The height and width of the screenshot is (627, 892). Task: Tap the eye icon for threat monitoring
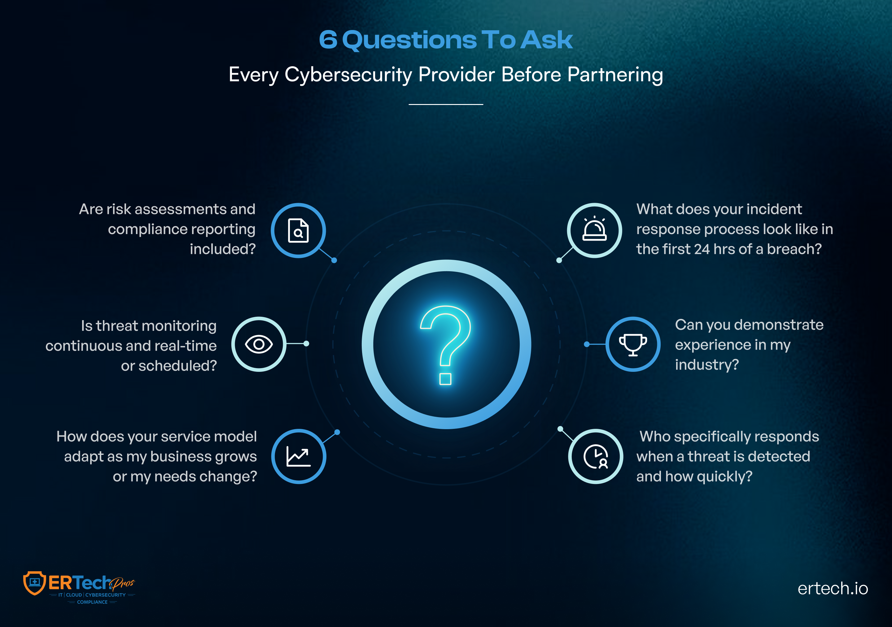tap(259, 344)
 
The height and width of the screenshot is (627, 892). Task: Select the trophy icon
tap(633, 345)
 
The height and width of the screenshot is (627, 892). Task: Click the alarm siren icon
tap(594, 229)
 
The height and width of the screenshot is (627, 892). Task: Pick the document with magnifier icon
tap(298, 230)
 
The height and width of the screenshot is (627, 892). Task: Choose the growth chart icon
tap(298, 456)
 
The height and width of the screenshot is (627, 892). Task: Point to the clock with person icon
tap(596, 457)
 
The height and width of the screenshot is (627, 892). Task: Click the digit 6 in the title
tap(328, 40)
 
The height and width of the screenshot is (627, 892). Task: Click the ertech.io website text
tap(833, 588)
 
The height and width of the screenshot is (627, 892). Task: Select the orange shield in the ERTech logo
tap(35, 583)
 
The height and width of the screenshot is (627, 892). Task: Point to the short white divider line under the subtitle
tap(446, 104)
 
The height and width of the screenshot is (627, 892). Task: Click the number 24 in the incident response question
tap(702, 249)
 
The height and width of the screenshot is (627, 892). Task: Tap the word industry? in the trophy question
tap(707, 365)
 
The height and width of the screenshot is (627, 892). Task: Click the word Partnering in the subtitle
tap(615, 75)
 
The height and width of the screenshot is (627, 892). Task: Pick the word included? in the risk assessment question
tap(223, 249)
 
